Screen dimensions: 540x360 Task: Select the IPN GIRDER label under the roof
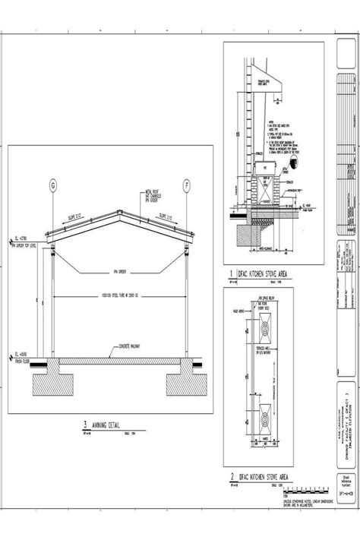click(118, 270)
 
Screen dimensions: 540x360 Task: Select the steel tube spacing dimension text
click(118, 295)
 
